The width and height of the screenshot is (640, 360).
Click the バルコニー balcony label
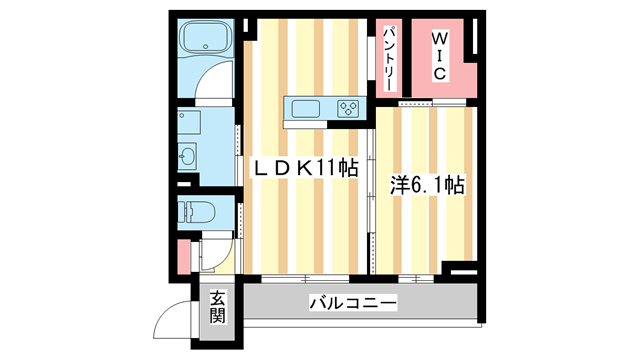pos(352,302)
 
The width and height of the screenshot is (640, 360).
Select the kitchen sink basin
pos(304,108)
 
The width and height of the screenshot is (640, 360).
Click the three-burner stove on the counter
pos(349,108)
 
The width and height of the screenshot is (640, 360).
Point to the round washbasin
pos(189,156)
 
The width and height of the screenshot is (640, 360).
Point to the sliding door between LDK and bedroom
pos(371,195)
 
